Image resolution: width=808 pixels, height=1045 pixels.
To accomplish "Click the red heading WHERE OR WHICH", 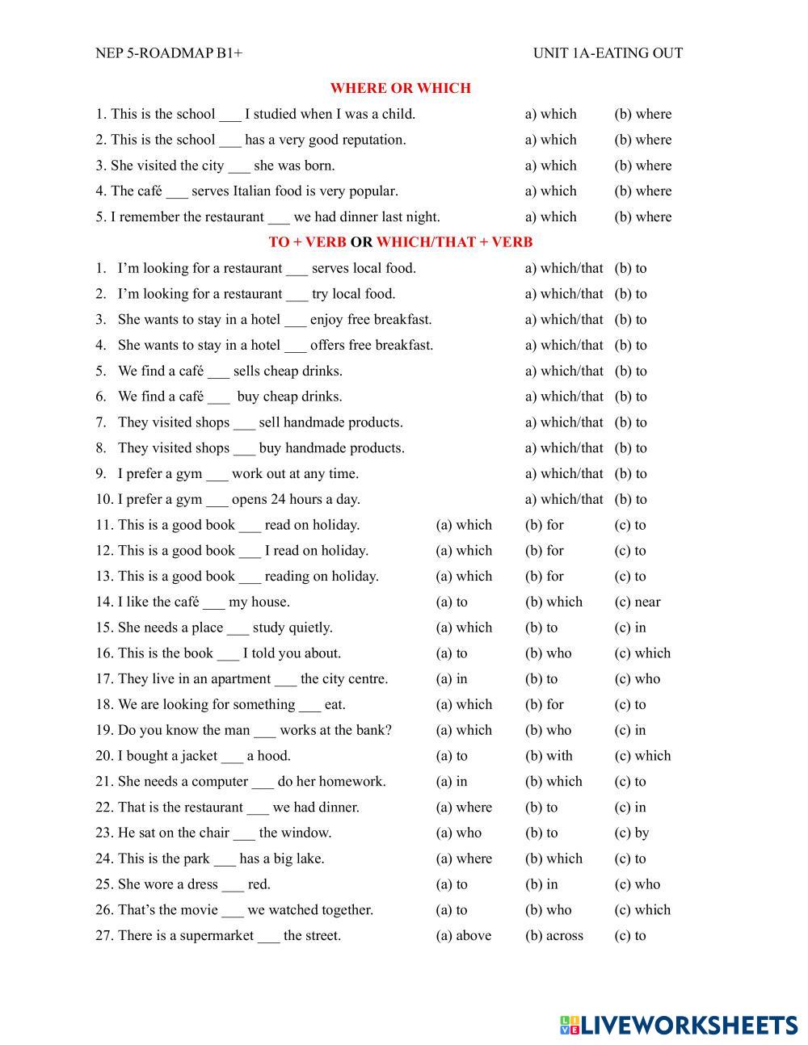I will click(400, 88).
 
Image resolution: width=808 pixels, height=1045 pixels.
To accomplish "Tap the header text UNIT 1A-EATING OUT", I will click(608, 53).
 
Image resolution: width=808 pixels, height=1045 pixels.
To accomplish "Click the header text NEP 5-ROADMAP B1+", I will click(169, 53).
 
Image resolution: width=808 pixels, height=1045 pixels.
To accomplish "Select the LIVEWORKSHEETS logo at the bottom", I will click(678, 1025).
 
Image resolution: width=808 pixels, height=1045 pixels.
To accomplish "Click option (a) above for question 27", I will click(464, 935).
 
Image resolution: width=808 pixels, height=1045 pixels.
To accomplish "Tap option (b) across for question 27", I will click(554, 935).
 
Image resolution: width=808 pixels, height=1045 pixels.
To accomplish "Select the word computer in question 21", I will click(220, 781).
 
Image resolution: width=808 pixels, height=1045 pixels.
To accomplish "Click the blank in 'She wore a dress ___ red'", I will click(233, 886).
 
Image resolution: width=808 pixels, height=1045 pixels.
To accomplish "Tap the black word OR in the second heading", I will click(361, 241).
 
